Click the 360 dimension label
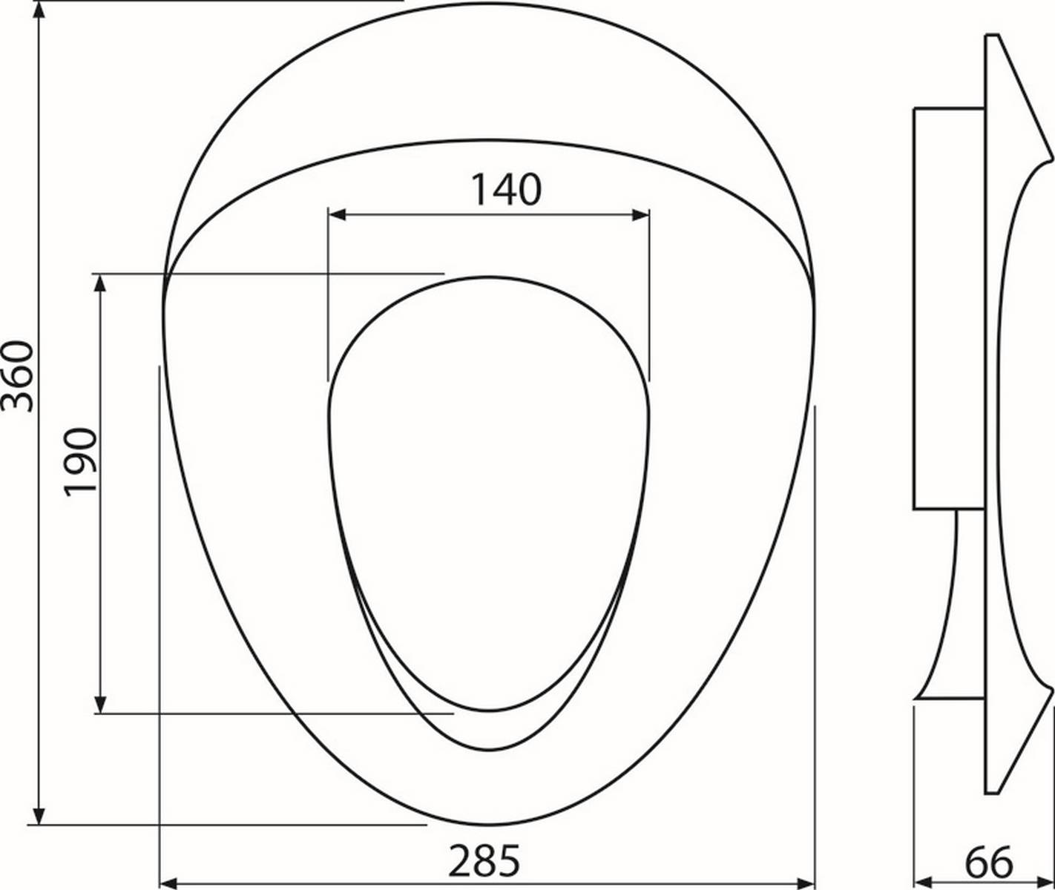[x=17, y=376]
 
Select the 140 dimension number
[x=506, y=189]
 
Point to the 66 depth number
[x=989, y=860]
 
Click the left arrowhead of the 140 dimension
[x=337, y=215]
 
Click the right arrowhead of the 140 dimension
[x=641, y=215]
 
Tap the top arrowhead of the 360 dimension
[x=39, y=10]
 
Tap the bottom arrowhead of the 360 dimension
[x=39, y=815]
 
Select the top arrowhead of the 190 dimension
[x=100, y=283]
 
